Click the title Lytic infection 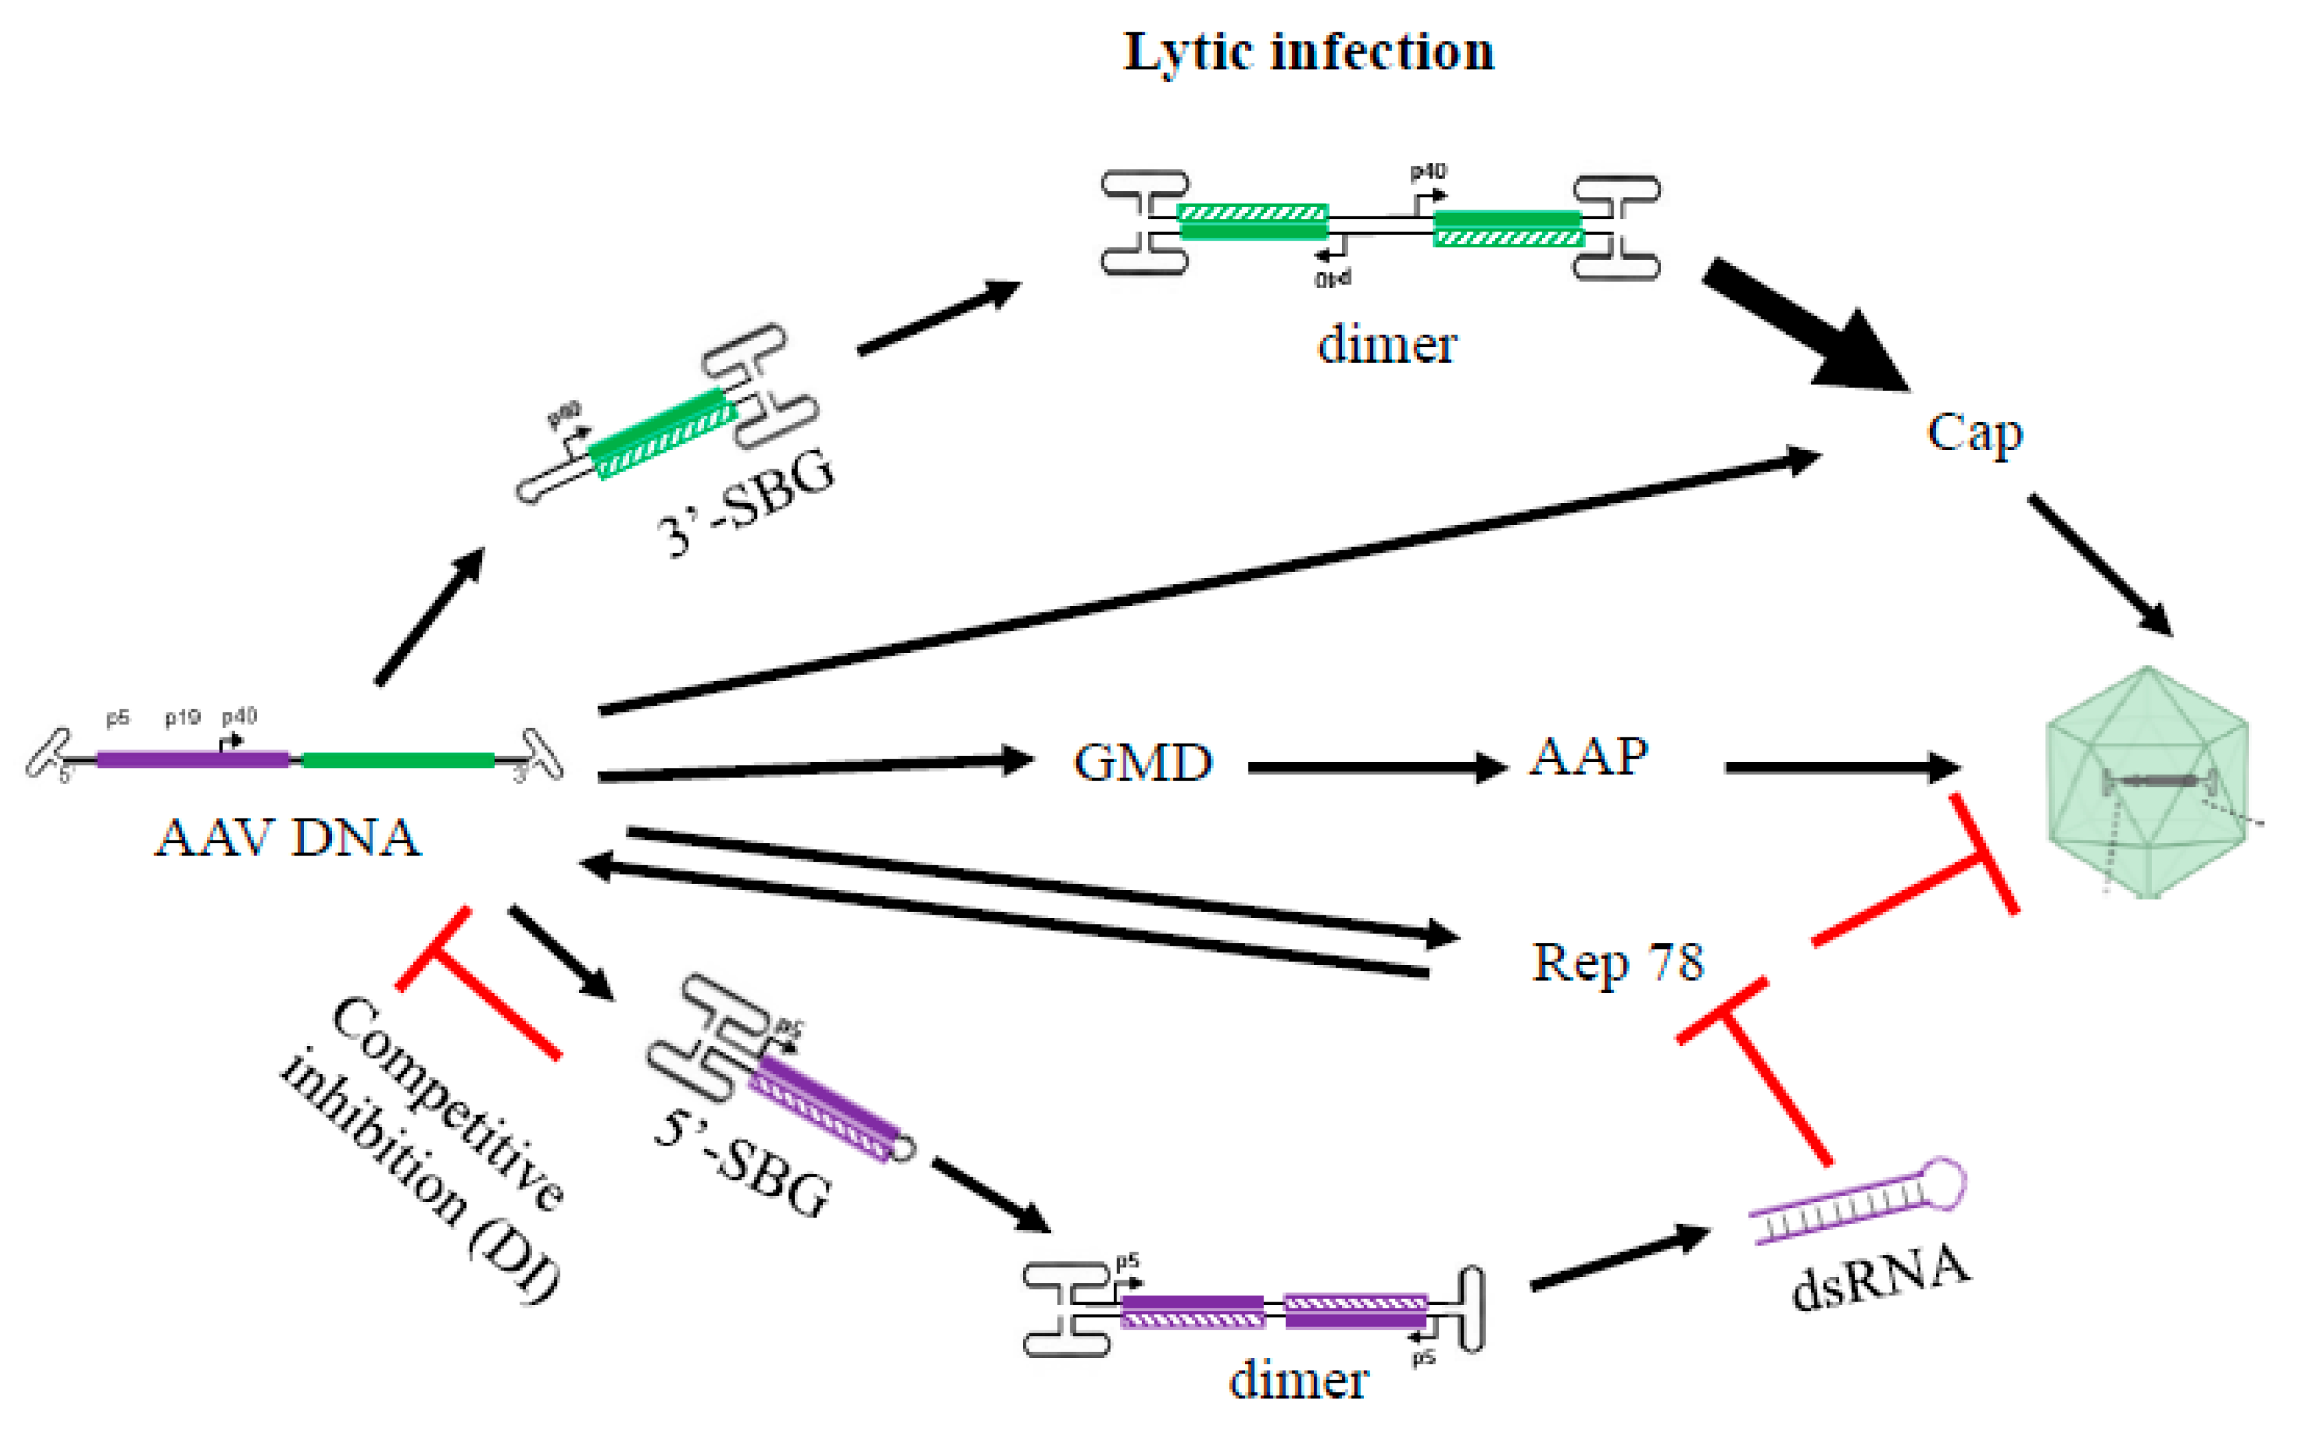click(1308, 52)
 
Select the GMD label click(1143, 763)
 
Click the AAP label click(1589, 757)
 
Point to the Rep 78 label click(1617, 962)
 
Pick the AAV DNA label click(287, 838)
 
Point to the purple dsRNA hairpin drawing click(1857, 1201)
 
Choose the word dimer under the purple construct click(1299, 1380)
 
